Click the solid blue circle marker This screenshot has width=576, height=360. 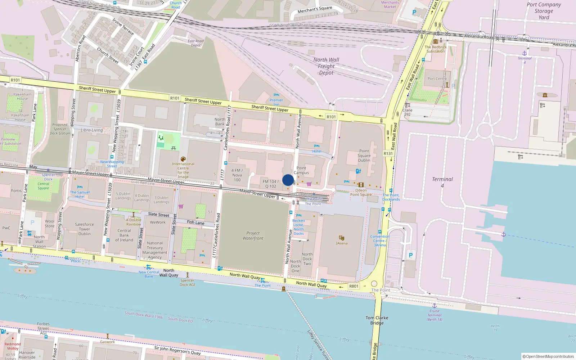pos(288,180)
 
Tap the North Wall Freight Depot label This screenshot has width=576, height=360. pos(326,66)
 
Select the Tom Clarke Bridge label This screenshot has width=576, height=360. pos(377,320)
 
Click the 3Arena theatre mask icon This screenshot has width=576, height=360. pos(341,238)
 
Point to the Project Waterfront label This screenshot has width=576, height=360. pos(253,235)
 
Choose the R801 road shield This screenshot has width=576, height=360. pos(354,286)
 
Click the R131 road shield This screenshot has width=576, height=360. pos(388,153)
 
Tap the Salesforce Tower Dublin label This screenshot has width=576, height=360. pos(85,229)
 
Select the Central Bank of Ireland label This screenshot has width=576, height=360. pos(124,235)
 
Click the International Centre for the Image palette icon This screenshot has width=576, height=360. pos(183,159)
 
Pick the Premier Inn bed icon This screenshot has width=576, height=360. pos(276,95)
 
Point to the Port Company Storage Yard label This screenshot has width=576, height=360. pos(544,11)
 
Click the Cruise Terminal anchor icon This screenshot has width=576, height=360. pos(435,306)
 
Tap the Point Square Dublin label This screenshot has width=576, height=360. pos(364,156)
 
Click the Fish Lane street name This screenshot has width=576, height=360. pos(195,222)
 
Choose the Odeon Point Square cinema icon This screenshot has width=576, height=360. pos(361,185)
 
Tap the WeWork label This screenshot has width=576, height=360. pos(158,222)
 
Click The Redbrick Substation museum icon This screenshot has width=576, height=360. pos(436,41)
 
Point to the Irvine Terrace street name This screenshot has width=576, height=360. pos(123,27)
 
